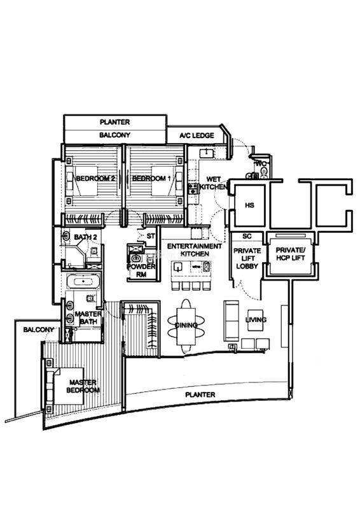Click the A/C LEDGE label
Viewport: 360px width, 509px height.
[197, 136]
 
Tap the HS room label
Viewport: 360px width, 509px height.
[249, 205]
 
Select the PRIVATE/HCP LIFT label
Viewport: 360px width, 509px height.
[290, 254]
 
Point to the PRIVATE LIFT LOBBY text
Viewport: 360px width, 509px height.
[247, 258]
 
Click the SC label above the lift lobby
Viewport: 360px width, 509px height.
[247, 236]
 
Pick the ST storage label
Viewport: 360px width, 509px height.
[151, 236]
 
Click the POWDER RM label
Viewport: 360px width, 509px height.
[141, 270]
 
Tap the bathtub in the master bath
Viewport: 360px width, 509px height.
[83, 281]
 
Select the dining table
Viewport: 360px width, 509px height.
[186, 326]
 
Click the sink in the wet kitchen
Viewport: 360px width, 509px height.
[207, 153]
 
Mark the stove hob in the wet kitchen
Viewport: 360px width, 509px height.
[193, 188]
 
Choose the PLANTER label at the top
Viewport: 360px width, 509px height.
[114, 122]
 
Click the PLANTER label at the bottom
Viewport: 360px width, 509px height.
[200, 394]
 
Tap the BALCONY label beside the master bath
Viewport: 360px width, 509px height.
[39, 330]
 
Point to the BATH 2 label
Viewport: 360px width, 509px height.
[85, 237]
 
